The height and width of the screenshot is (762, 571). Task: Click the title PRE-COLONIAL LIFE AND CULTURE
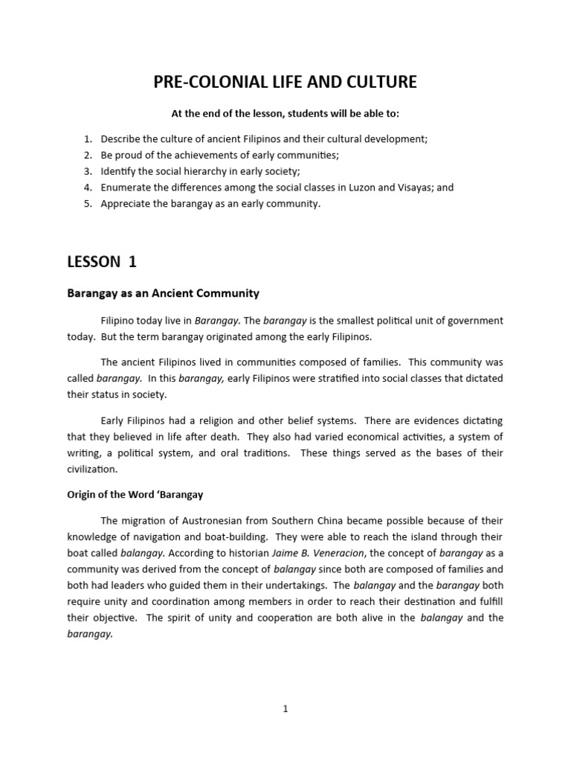[x=285, y=82]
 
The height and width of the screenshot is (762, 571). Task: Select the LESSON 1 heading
[x=102, y=261]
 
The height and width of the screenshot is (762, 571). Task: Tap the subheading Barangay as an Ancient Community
[x=164, y=293]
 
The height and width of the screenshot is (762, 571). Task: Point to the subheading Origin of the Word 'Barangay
[x=135, y=494]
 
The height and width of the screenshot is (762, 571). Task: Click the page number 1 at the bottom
[x=285, y=708]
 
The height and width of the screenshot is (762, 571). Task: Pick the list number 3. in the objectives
[x=88, y=171]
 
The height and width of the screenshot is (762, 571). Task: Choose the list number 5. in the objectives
[x=88, y=204]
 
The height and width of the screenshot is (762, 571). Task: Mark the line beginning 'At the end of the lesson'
[x=285, y=114]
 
